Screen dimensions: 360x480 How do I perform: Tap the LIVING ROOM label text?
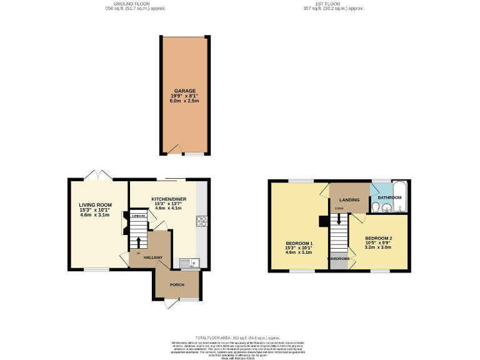(95, 204)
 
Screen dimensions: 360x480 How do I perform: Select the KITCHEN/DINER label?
(169, 199)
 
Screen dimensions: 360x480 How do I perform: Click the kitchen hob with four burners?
(202, 220)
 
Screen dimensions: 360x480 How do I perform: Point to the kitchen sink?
(187, 262)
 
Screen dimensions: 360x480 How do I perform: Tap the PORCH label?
(177, 284)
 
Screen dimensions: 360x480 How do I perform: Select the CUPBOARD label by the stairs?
(138, 216)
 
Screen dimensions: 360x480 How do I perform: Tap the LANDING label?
(349, 200)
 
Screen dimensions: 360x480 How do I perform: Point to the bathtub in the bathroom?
(399, 197)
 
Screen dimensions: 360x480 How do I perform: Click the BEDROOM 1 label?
(299, 243)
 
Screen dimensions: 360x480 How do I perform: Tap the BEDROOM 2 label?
(379, 238)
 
